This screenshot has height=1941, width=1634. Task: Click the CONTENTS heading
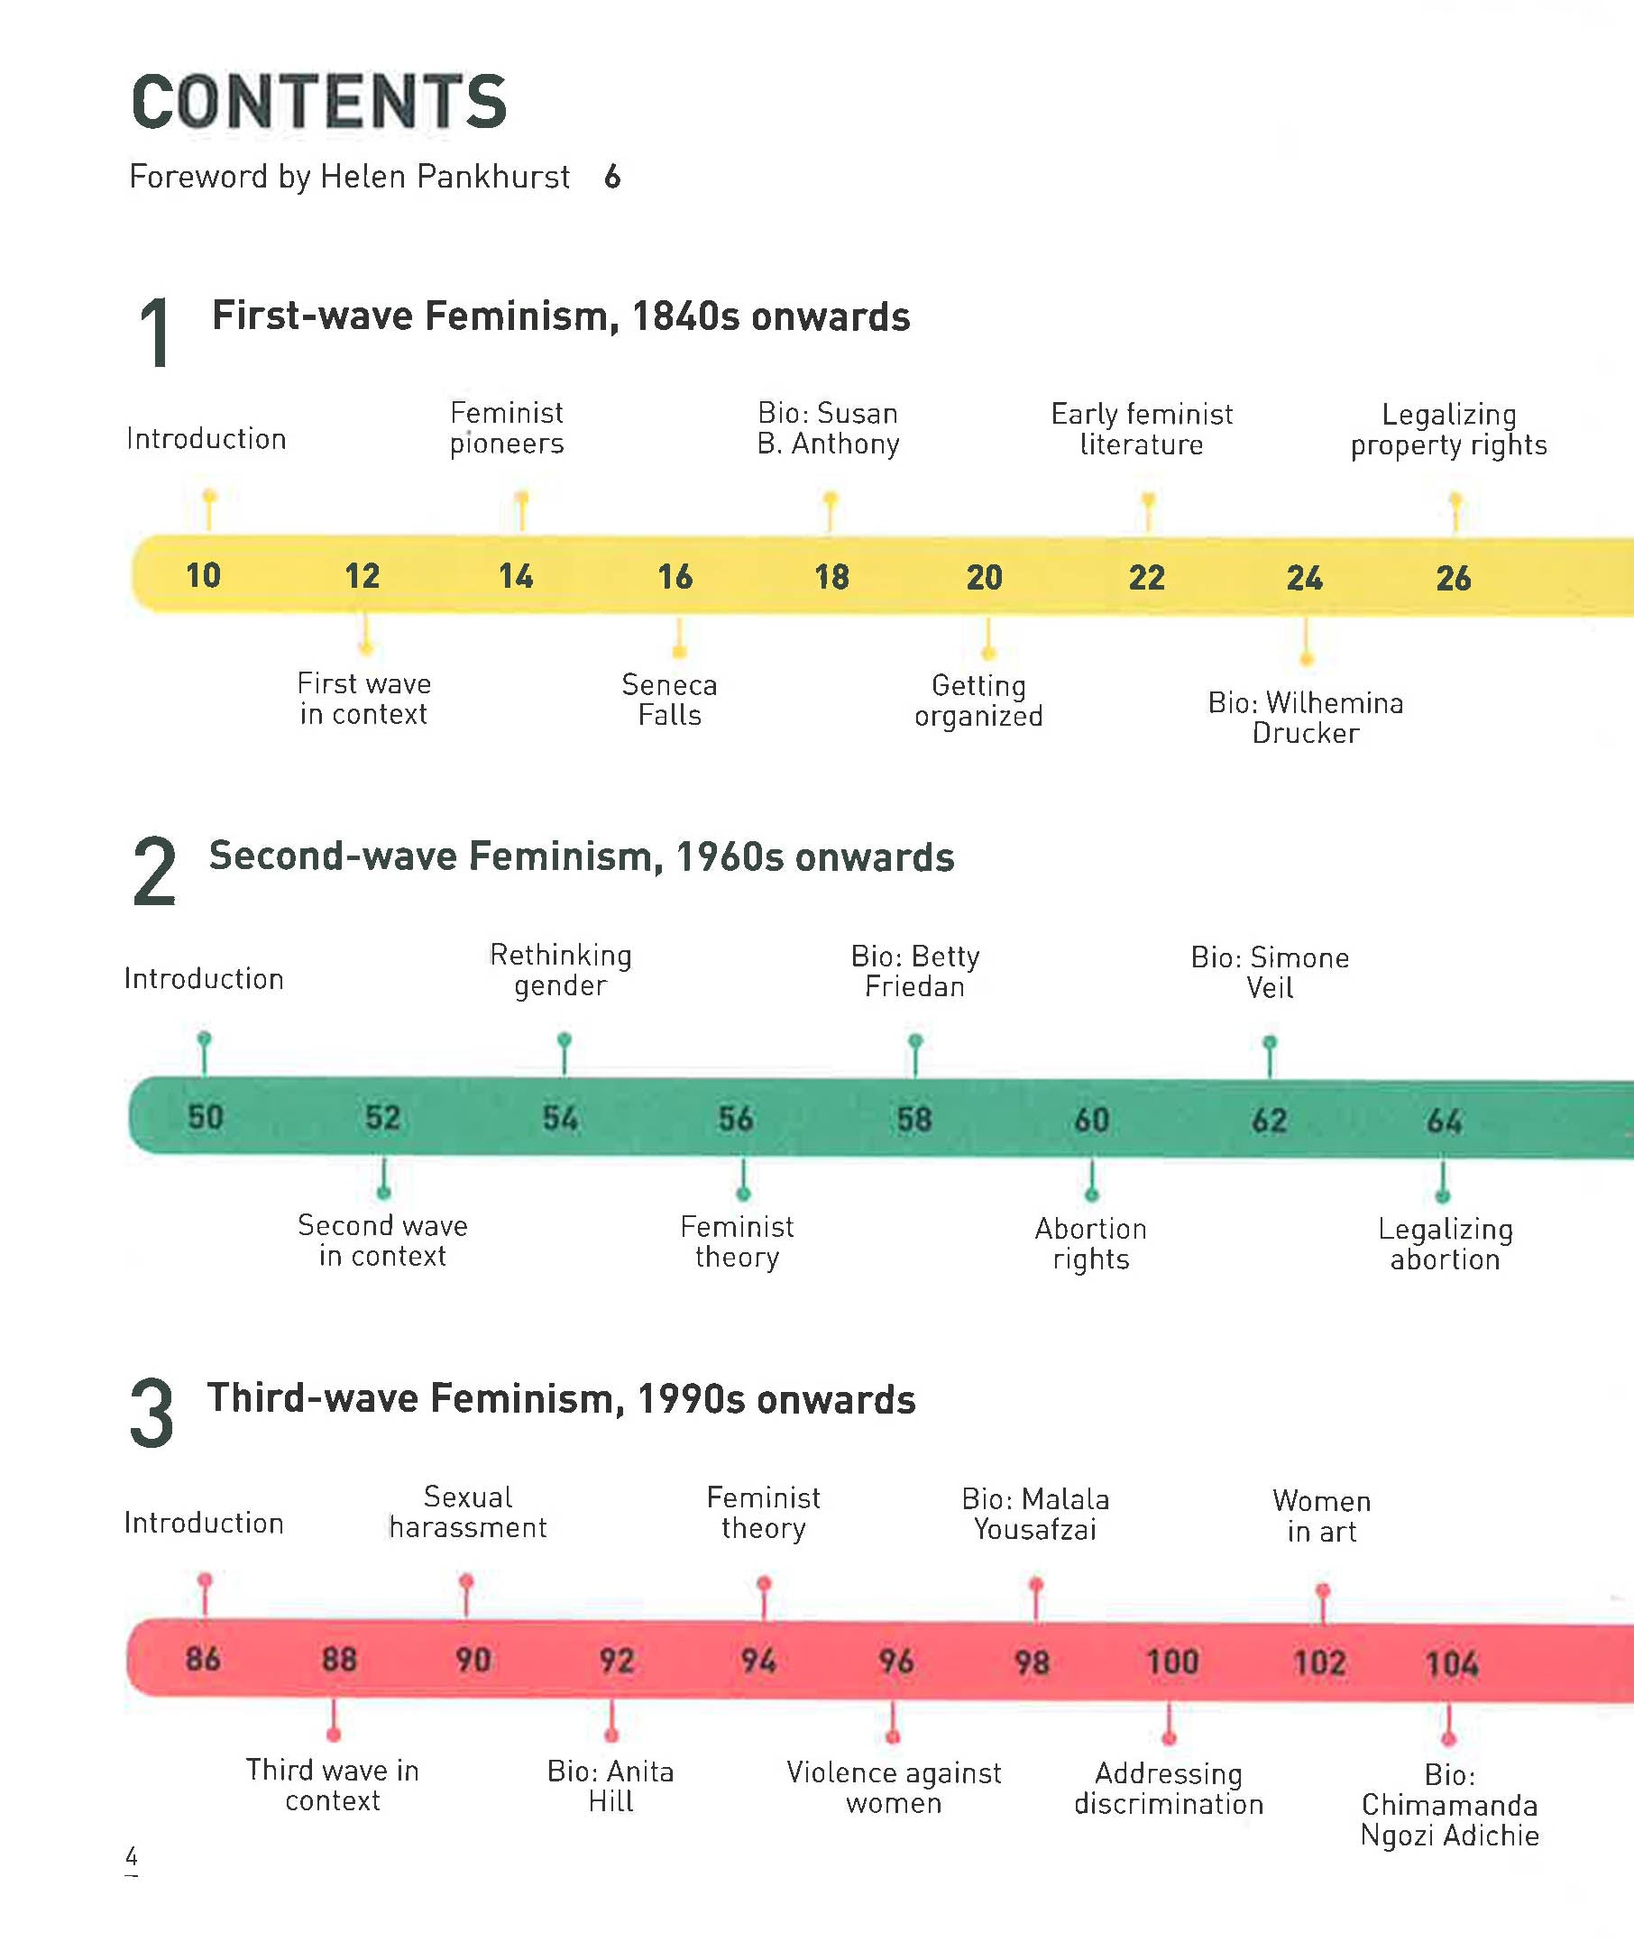[x=318, y=102]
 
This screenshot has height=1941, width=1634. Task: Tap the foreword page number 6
[x=611, y=176]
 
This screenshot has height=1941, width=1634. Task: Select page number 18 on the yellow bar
[x=831, y=577]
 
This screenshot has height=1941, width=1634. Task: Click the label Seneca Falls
[x=669, y=700]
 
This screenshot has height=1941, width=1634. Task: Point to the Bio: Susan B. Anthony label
[x=828, y=428]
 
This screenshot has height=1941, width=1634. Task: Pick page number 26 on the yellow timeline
[x=1453, y=579]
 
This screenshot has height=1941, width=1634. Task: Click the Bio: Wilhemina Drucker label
[x=1305, y=717]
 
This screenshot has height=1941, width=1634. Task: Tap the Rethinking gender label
[x=560, y=969]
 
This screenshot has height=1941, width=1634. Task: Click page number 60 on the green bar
[x=1091, y=1120]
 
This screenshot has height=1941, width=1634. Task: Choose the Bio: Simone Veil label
[x=1269, y=972]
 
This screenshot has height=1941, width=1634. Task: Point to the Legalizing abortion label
[x=1444, y=1244]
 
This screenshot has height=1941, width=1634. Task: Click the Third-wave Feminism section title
[x=561, y=1398]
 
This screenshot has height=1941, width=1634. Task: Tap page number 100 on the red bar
[x=1171, y=1662]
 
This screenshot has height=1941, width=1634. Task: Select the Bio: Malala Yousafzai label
[x=1034, y=1513]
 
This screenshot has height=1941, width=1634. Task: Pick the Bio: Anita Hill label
[x=610, y=1785]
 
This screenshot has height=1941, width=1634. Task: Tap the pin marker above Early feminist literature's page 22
[x=1148, y=501]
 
